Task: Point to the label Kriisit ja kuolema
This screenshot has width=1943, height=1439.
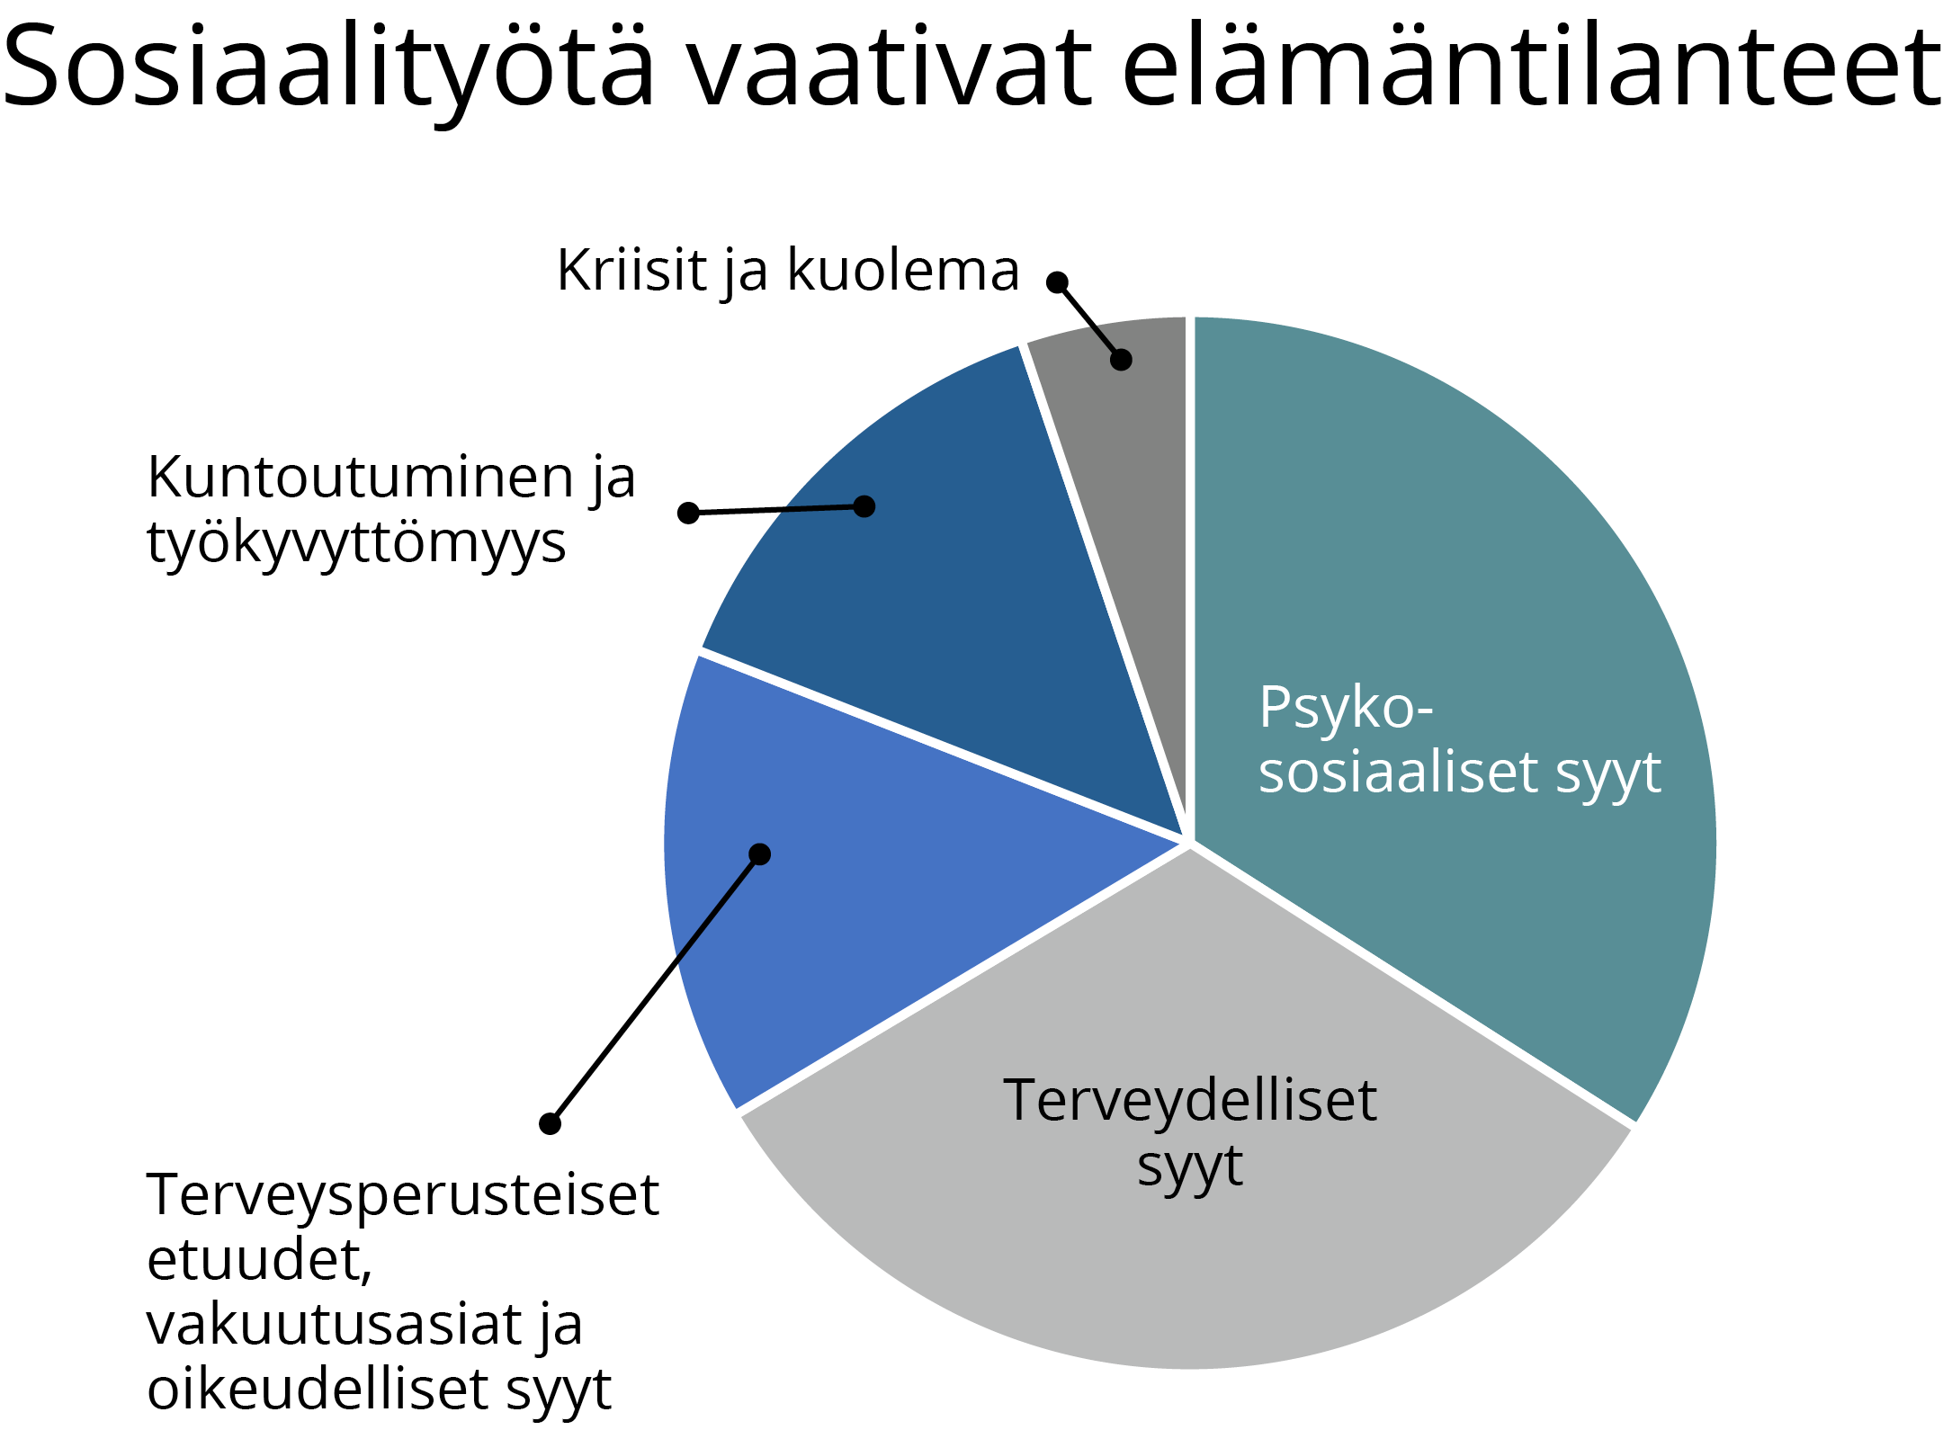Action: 788,271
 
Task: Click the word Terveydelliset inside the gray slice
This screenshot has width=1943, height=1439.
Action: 1190,1100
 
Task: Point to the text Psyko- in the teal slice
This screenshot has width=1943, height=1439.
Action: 1346,710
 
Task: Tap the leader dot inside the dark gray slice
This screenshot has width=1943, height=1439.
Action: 1121,360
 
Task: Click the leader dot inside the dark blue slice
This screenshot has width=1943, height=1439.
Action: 864,506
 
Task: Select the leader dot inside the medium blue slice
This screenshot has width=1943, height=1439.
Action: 760,854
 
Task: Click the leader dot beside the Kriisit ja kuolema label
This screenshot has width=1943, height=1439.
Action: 1058,282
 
